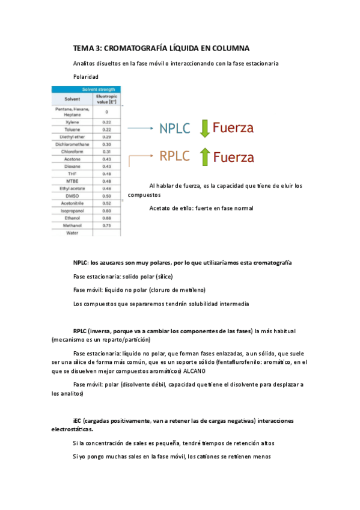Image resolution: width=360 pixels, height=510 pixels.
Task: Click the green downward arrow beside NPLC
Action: click(204, 128)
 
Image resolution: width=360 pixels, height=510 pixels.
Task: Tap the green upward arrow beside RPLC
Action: click(204, 157)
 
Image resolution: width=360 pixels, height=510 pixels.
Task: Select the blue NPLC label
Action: click(175, 128)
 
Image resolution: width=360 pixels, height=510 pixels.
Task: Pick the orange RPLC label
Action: click(175, 156)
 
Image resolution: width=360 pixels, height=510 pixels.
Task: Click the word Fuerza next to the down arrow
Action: click(233, 128)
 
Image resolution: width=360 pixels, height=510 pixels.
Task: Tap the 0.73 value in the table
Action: click(106, 226)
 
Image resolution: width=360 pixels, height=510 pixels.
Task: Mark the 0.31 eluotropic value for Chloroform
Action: click(106, 152)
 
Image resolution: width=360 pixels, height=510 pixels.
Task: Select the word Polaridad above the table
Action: click(85, 76)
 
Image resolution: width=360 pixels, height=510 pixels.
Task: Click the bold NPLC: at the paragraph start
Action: click(81, 263)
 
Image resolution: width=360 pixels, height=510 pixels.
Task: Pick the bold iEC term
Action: click(77, 420)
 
